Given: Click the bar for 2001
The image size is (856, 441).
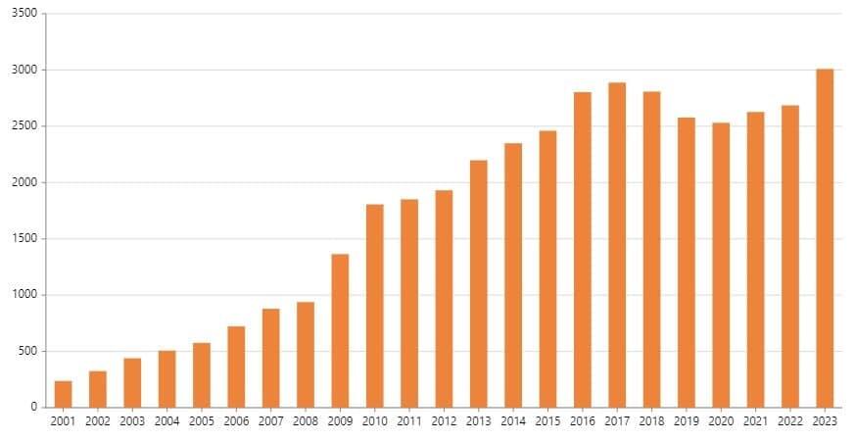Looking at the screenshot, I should (x=63, y=394).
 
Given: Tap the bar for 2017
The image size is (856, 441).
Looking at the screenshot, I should (x=617, y=245).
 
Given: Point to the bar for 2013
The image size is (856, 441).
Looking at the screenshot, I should (x=479, y=283).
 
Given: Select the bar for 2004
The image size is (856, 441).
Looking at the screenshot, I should (x=166, y=378).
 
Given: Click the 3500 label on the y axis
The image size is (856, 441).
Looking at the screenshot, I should (x=26, y=14).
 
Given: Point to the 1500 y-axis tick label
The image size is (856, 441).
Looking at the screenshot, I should (x=26, y=238).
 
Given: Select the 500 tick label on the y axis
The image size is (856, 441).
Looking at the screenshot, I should (x=29, y=351).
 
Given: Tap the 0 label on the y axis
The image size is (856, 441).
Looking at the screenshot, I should (x=34, y=407).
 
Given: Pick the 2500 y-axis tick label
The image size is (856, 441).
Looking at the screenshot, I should (x=26, y=126).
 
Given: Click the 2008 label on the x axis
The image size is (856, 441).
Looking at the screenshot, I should (x=306, y=421).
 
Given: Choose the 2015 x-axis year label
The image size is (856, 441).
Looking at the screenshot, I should (x=547, y=421).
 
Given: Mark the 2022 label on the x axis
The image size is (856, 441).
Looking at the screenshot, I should (x=790, y=421).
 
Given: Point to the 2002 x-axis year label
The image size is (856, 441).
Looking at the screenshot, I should (x=98, y=421).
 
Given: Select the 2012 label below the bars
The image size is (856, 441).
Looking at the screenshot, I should (x=444, y=421).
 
